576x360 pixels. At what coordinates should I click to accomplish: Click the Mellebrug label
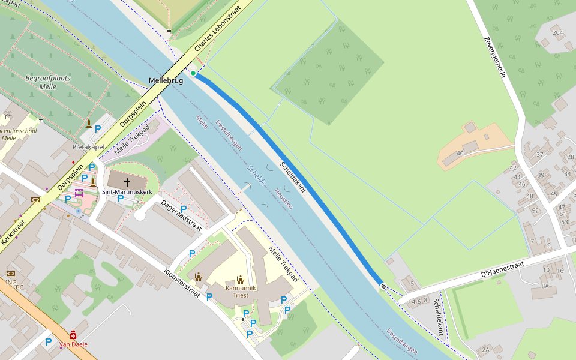166,80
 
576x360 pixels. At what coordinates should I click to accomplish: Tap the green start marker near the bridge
193,73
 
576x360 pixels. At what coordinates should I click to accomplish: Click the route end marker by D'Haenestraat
383,287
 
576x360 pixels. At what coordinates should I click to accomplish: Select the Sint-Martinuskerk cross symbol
127,181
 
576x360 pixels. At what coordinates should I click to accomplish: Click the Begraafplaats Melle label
47,82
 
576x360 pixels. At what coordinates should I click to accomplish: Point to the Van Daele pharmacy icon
73,335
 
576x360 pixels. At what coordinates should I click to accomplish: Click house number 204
557,32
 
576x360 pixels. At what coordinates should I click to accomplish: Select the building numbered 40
460,153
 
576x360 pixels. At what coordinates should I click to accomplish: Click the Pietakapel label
88,147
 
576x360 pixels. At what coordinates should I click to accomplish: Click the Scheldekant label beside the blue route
293,177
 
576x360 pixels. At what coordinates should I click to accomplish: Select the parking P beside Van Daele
49,342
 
